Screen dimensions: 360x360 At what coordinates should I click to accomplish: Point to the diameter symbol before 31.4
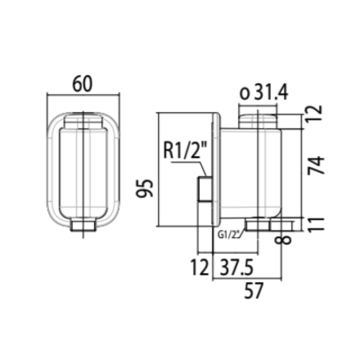tap(245, 94)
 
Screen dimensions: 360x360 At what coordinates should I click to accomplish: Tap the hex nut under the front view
tap(83, 226)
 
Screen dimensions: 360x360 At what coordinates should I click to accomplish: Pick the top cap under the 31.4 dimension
tap(258, 121)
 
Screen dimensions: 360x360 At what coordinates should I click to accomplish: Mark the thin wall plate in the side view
tap(217, 169)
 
